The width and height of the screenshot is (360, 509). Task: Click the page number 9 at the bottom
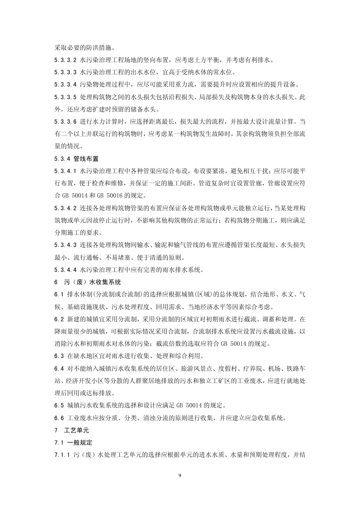[180, 475]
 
